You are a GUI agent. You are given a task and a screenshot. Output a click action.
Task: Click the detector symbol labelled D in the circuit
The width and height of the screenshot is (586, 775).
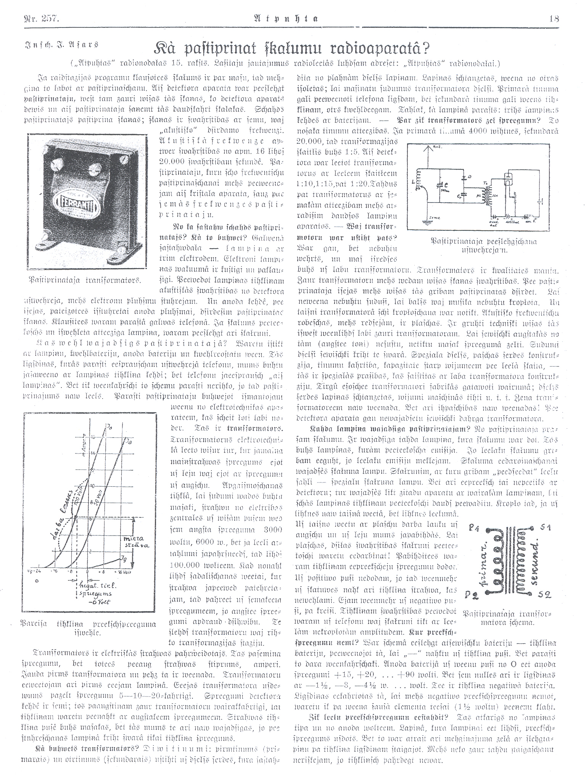click(x=465, y=178)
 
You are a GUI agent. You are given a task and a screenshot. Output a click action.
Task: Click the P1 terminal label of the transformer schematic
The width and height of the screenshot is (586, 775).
click(x=475, y=528)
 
